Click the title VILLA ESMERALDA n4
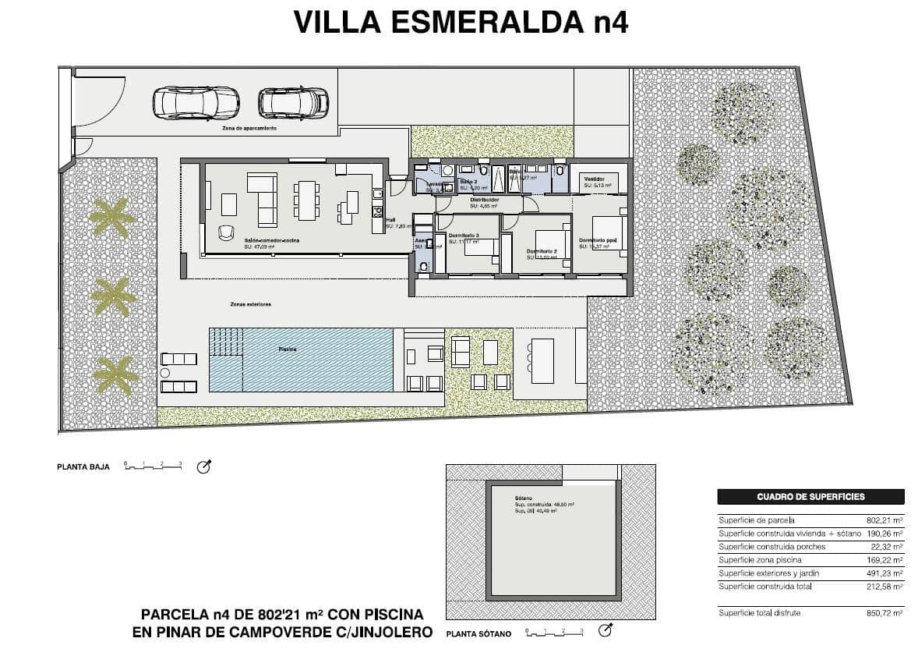460,23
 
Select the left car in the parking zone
196,101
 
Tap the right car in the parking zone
293,101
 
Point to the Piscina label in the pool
288,349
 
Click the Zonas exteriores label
251,304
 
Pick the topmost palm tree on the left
110,218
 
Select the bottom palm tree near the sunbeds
115,375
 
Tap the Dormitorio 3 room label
464,236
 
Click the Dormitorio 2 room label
542,251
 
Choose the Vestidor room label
595,178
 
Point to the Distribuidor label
484,200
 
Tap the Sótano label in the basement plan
523,498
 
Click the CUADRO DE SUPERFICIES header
810,496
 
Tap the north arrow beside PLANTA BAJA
204,466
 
